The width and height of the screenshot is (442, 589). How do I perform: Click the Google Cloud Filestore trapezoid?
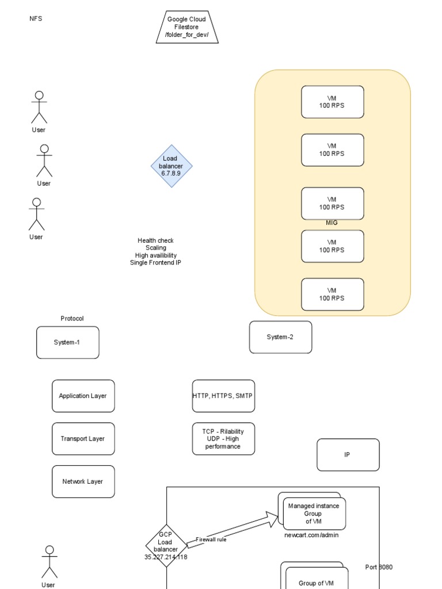pos(186,27)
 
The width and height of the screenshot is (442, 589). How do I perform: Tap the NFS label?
pos(36,18)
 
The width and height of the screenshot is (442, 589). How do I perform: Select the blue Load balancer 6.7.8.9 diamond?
pos(171,166)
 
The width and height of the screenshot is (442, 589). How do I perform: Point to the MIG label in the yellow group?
pos(331,223)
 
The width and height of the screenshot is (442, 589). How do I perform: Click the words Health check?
pos(155,240)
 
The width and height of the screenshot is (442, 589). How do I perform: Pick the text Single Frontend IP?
pos(155,263)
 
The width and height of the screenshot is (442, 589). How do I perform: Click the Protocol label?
pos(72,318)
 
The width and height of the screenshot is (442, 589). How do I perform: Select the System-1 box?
pos(67,342)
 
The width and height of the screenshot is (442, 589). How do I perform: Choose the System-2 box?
pos(280,337)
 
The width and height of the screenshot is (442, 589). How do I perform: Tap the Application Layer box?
pos(83,396)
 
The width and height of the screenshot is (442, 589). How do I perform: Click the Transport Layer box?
pos(83,438)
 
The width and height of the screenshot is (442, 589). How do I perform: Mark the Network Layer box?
pos(83,481)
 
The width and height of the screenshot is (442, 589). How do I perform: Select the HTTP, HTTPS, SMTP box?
pos(223,396)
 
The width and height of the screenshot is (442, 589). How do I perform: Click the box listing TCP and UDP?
pos(223,438)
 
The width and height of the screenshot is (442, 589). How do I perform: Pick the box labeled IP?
pos(348,454)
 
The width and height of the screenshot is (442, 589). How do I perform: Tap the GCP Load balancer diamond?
pos(166,545)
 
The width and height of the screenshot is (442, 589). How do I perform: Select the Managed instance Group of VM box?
pos(314,513)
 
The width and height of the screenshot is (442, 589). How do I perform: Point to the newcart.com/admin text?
pos(311,535)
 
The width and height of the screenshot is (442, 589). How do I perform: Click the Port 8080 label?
pos(379,567)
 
